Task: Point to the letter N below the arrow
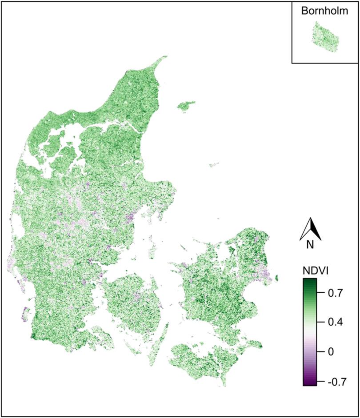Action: point(310,244)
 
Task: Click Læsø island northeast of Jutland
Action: point(186,106)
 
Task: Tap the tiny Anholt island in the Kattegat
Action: point(214,165)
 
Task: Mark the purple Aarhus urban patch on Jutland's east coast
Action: point(129,218)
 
